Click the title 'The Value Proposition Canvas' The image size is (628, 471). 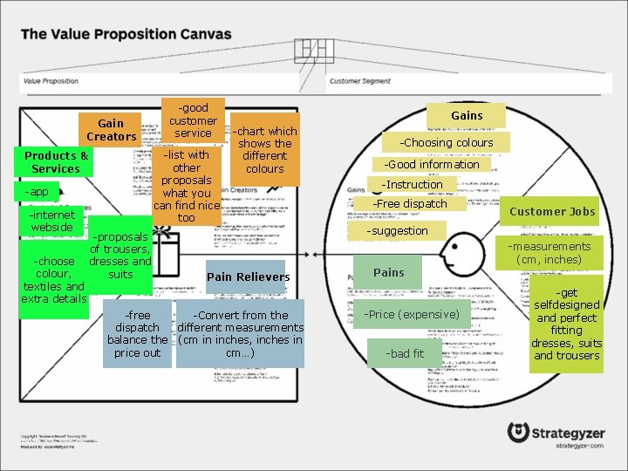tap(126, 35)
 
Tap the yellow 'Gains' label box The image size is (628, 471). tap(467, 115)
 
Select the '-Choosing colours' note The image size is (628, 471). tap(447, 142)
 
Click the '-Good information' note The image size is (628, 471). tap(433, 164)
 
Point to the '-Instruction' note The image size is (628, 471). tap(412, 184)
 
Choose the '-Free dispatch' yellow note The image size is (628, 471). tap(410, 204)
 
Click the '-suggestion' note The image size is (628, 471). tap(397, 231)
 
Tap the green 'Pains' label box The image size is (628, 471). tap(388, 272)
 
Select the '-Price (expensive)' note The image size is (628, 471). tap(412, 314)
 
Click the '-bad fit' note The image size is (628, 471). tap(406, 353)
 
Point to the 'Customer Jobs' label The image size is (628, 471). tap(552, 211)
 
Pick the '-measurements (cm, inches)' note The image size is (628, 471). tap(549, 253)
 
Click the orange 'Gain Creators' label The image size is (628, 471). tap(111, 130)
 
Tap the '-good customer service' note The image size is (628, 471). tap(193, 120)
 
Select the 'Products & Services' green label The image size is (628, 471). tap(56, 162)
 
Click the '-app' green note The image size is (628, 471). tap(37, 192)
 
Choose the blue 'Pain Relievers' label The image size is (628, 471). tap(248, 276)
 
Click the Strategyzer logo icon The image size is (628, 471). tap(519, 433)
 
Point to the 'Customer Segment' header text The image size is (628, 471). tap(359, 81)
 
